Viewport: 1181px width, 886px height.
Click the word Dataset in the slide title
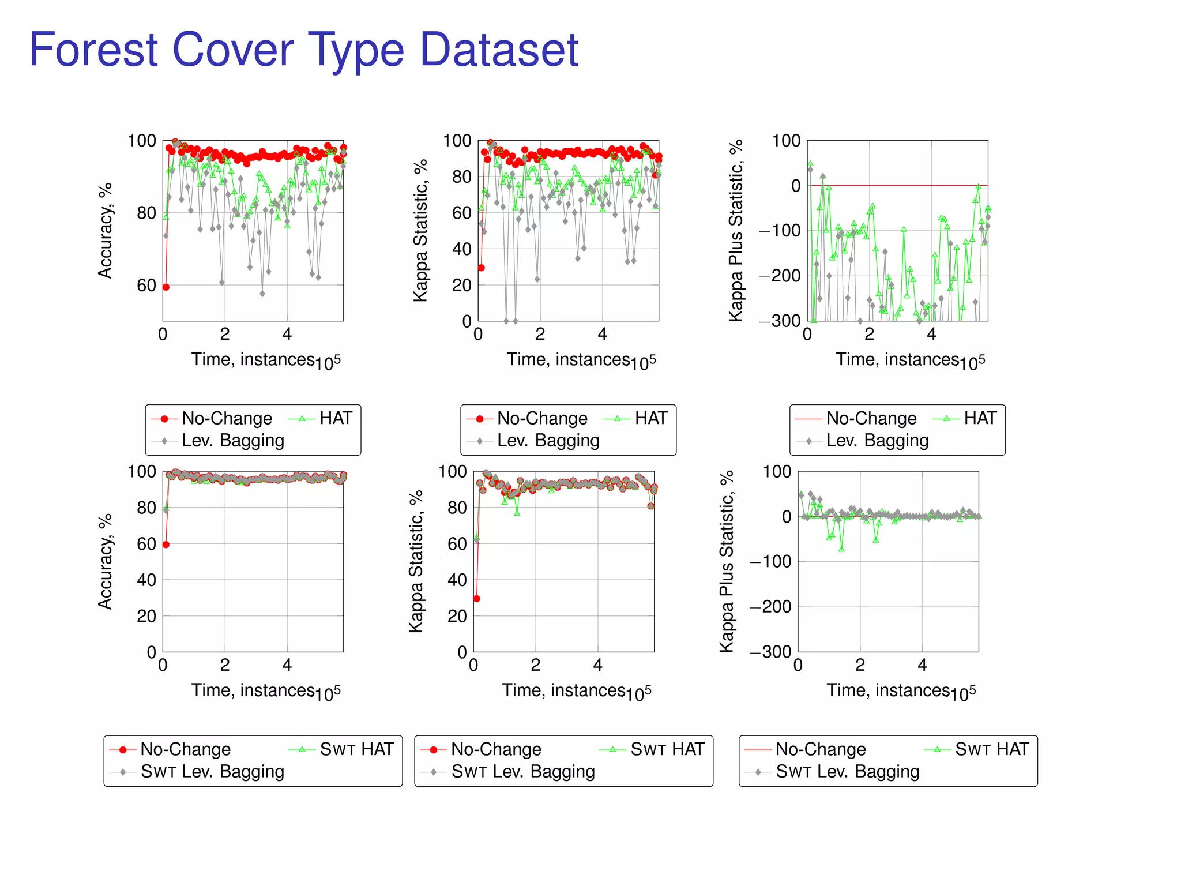point(499,50)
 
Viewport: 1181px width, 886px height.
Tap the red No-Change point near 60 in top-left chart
point(166,287)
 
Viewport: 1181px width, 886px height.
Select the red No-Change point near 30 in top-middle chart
point(482,268)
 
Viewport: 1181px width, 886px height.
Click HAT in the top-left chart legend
point(335,418)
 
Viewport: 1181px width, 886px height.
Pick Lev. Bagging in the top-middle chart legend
point(548,440)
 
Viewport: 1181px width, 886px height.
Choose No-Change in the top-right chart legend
point(871,418)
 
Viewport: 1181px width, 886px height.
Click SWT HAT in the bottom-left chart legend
point(356,749)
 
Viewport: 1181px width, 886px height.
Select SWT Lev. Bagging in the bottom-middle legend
point(522,771)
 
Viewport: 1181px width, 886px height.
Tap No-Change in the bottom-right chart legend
point(820,749)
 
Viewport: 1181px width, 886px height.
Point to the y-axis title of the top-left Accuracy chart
point(105,231)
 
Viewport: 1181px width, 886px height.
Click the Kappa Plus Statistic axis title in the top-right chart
point(735,231)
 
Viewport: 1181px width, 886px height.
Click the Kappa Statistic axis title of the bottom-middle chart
point(416,561)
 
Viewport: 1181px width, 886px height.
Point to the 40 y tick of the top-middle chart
point(461,249)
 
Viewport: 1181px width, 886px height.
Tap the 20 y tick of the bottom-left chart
point(146,616)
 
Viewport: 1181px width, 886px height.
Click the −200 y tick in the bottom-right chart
point(770,606)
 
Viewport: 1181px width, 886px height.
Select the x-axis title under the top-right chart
point(910,360)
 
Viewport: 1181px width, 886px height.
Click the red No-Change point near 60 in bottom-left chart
point(166,545)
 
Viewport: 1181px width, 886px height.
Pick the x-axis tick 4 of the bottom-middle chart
point(598,665)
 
